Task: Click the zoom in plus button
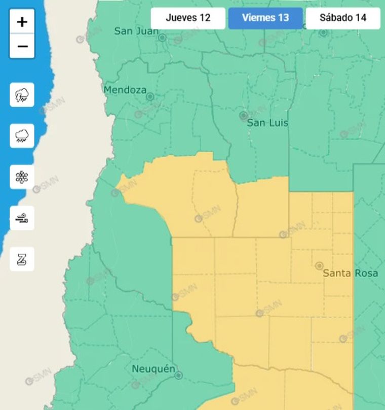pyautogui.click(x=22, y=22)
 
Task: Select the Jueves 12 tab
pyautogui.click(x=188, y=18)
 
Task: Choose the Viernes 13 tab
pyautogui.click(x=265, y=18)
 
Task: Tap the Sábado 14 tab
pyautogui.click(x=343, y=18)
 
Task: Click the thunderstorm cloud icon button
pyautogui.click(x=22, y=95)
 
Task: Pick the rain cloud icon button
pyautogui.click(x=22, y=136)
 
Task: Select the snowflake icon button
pyautogui.click(x=22, y=177)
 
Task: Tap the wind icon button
pyautogui.click(x=22, y=218)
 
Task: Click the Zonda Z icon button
pyautogui.click(x=22, y=259)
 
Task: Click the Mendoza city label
pyautogui.click(x=125, y=90)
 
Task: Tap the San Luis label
pyautogui.click(x=267, y=123)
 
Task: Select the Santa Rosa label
pyautogui.click(x=351, y=273)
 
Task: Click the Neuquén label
pyautogui.click(x=153, y=369)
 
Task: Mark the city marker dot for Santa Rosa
pyautogui.click(x=319, y=265)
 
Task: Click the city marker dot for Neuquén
pyautogui.click(x=178, y=375)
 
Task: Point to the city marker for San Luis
pyautogui.click(x=244, y=116)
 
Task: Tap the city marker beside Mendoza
pyautogui.click(x=150, y=96)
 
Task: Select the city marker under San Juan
pyautogui.click(x=162, y=38)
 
